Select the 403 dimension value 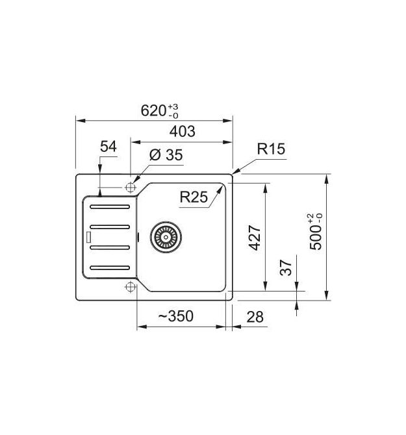pyautogui.click(x=183, y=131)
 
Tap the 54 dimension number pyautogui.click(x=108, y=146)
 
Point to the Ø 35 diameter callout pyautogui.click(x=166, y=155)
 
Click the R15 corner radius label pyautogui.click(x=271, y=149)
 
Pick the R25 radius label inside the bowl pyautogui.click(x=194, y=197)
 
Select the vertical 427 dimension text pyautogui.click(x=255, y=238)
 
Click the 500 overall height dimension pyautogui.click(x=316, y=232)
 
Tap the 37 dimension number pyautogui.click(x=286, y=267)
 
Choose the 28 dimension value pyautogui.click(x=255, y=317)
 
